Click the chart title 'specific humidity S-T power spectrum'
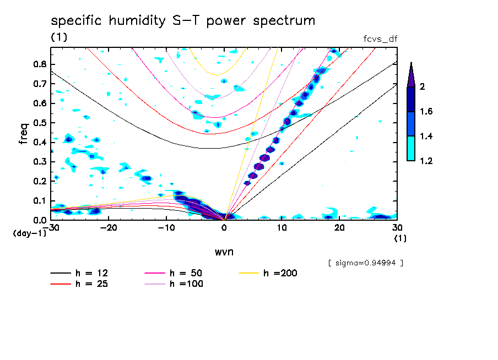pos(183,21)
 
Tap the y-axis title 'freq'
pos(23,133)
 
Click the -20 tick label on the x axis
pos(109,228)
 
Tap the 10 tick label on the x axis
pos(282,228)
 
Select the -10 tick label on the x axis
pos(166,228)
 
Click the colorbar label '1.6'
pos(427,112)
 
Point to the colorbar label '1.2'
pos(427,161)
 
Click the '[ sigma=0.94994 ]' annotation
pos(365,263)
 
